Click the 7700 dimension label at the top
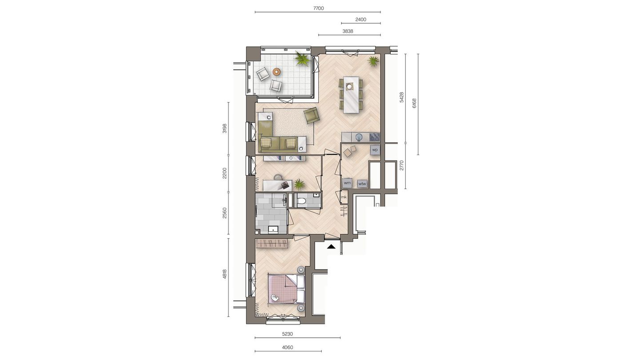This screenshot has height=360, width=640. coord(318,8)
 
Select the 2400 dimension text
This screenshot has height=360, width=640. coord(360,20)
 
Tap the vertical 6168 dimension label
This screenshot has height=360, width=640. coord(414,104)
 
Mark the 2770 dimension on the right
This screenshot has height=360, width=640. coord(401,165)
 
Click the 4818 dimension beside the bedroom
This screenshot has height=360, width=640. coord(225,275)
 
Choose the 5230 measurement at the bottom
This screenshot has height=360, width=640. coord(287,334)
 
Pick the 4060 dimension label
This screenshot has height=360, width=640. coord(287,348)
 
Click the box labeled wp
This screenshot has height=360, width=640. coord(375,150)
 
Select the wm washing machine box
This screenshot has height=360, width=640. coord(347,183)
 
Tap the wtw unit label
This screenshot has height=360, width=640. coord(362,183)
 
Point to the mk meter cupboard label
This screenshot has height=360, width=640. coord(344,197)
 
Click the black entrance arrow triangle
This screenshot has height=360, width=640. coord(331,246)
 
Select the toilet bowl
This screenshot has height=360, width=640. coord(301,201)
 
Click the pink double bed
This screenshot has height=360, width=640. coord(283,288)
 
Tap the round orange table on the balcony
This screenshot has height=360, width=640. coord(276,71)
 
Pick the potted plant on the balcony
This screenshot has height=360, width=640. coord(302,59)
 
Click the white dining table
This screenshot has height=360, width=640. coord(351,95)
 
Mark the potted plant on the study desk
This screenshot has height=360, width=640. coord(299,184)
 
